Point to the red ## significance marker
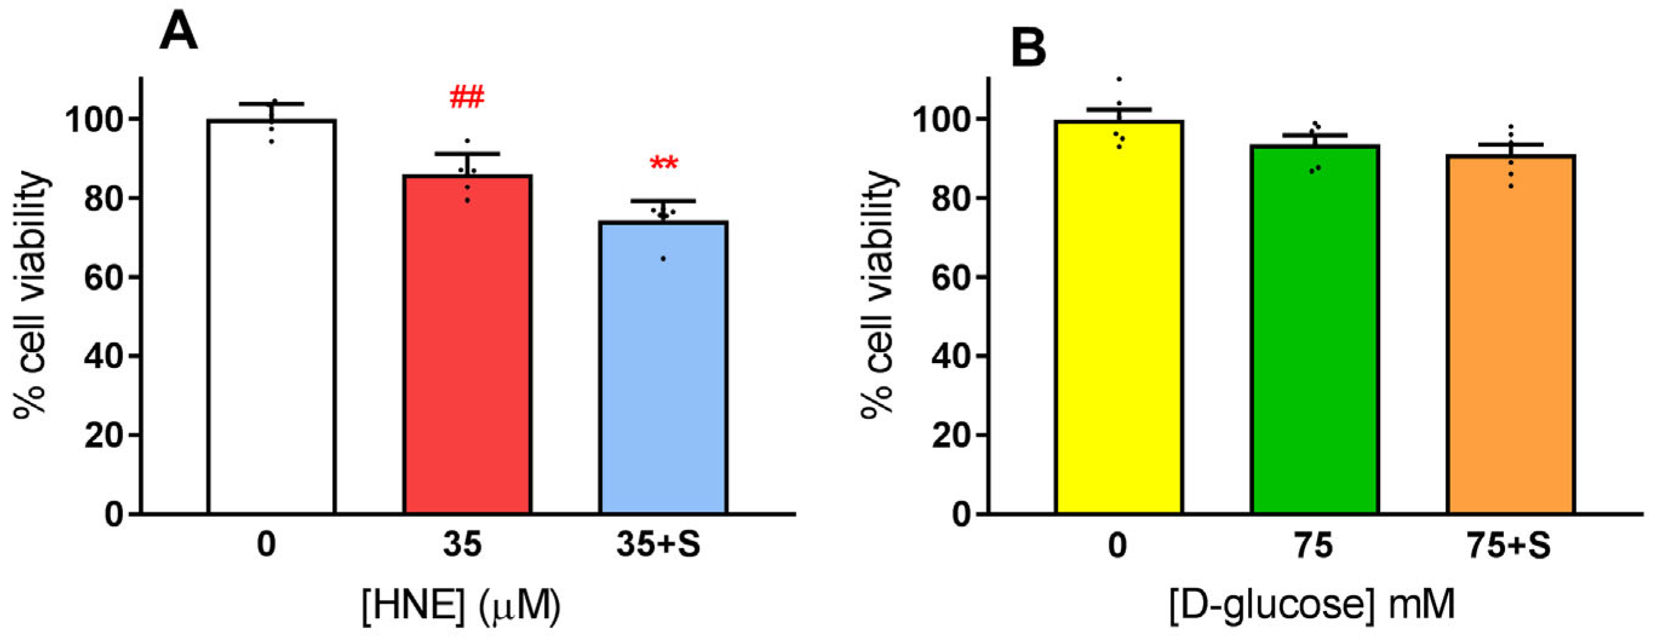click(467, 98)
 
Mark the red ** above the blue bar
click(663, 164)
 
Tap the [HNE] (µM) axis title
click(461, 605)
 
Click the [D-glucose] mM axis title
click(1311, 605)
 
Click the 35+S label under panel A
click(658, 545)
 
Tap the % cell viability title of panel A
click(30, 295)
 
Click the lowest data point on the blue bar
click(663, 259)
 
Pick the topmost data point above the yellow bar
click(1119, 79)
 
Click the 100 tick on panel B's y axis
click(942, 119)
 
